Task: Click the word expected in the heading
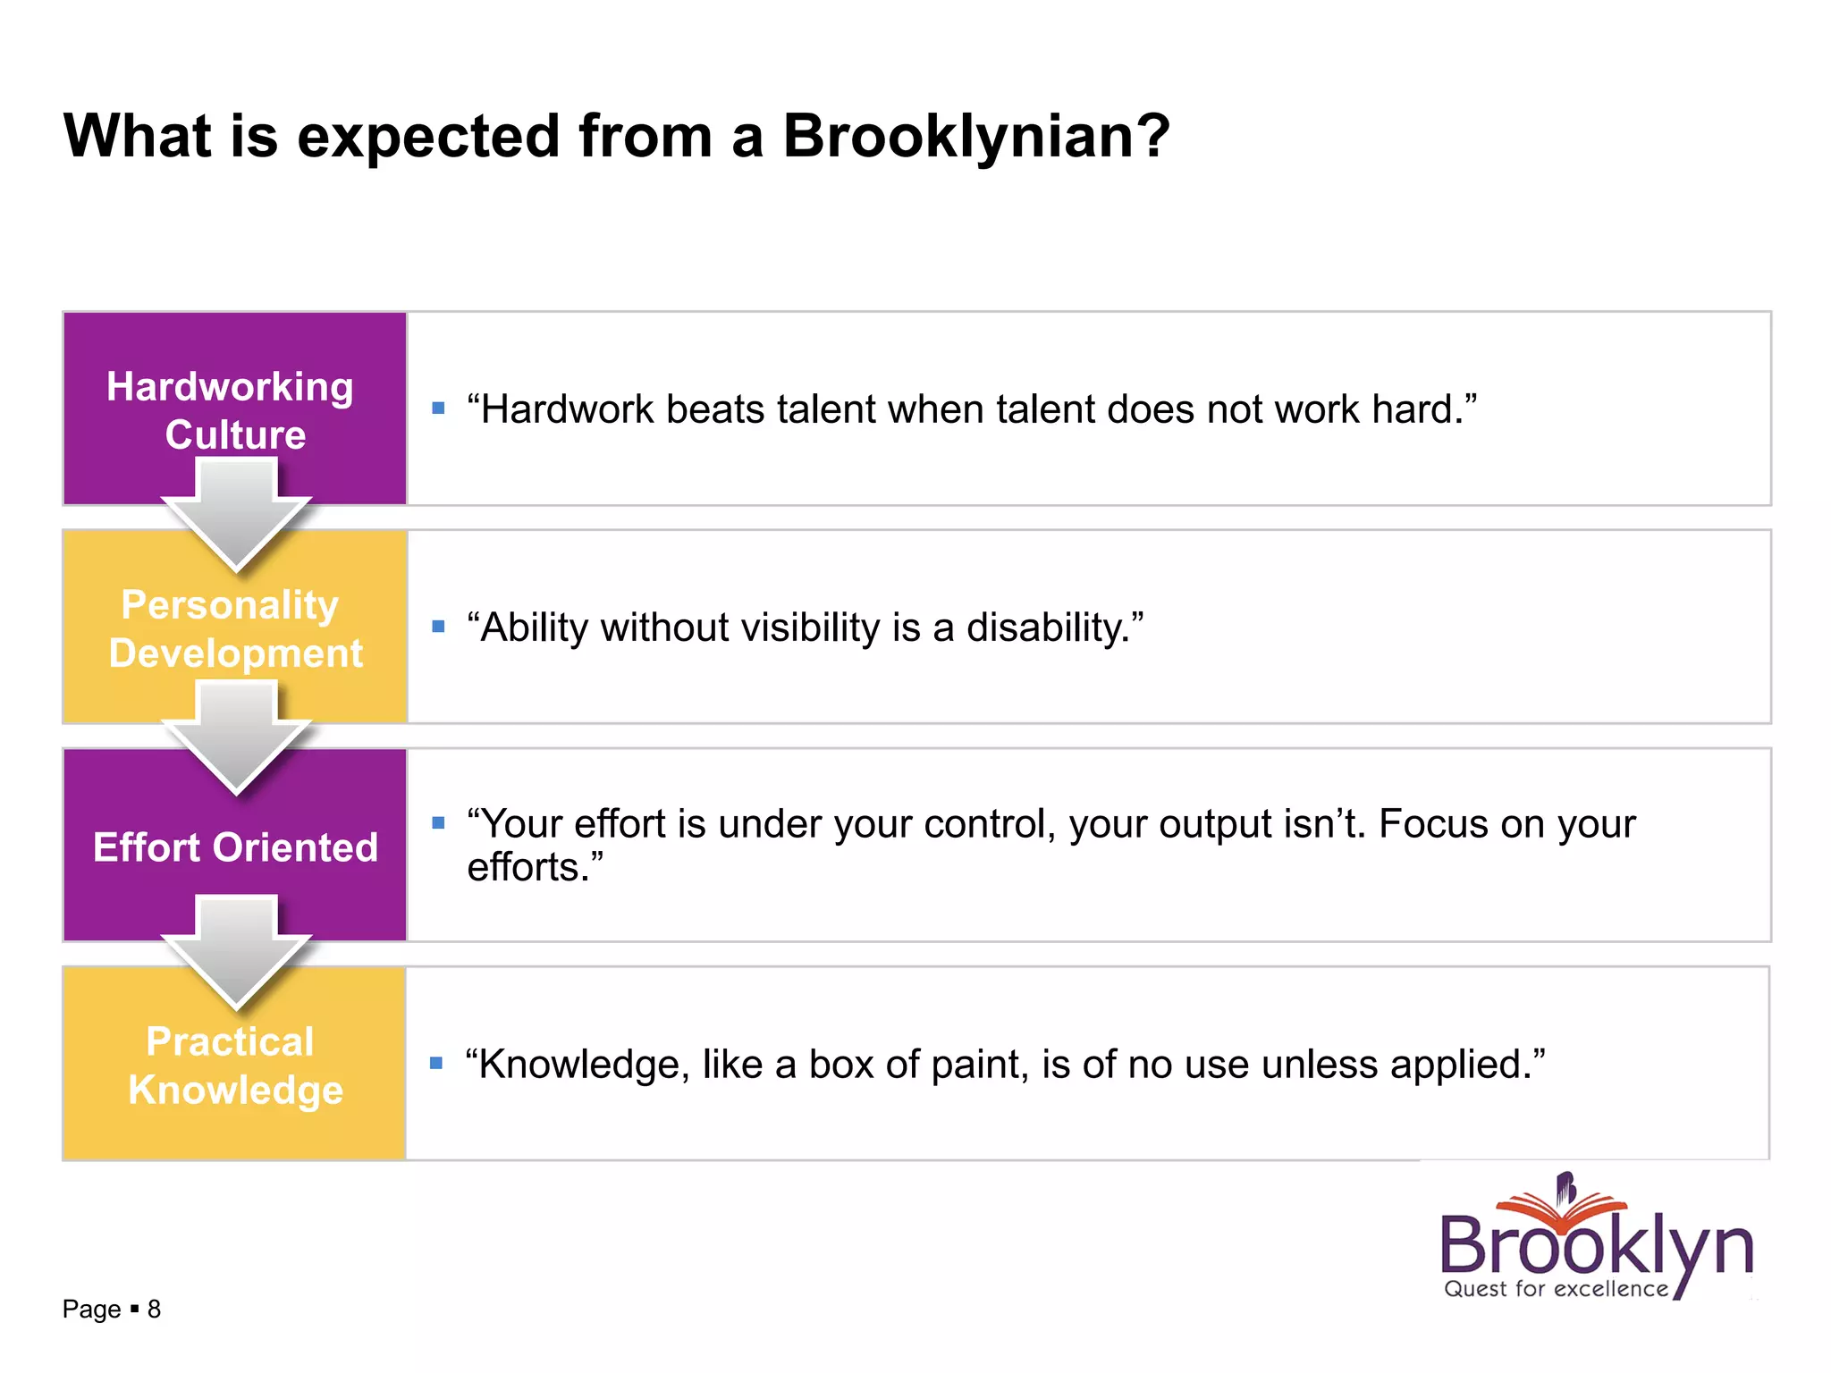429,138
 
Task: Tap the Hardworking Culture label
232,410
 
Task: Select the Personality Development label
233,628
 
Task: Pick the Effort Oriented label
235,847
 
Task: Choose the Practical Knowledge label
234,1066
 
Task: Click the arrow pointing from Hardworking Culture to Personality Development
236,514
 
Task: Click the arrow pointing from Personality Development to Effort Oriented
236,736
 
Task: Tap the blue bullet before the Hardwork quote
438,409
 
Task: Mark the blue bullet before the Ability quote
438,627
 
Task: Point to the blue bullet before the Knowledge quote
436,1063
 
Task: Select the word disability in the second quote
1046,628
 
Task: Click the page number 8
154,1310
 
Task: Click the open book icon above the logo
1565,1202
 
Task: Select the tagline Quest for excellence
1556,1289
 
